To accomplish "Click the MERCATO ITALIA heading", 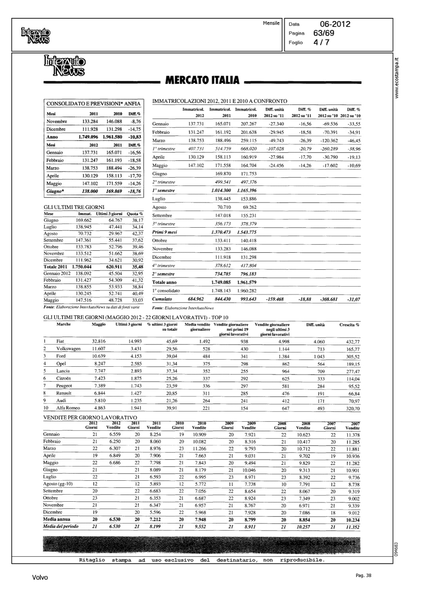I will (202, 80).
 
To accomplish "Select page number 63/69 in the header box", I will (324, 33).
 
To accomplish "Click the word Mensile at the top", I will (271, 23).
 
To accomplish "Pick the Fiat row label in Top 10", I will (60, 341).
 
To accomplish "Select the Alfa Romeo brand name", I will (68, 408).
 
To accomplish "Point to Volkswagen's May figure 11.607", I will (99, 348).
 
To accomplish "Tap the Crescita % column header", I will (349, 325).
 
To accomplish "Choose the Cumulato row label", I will (162, 299).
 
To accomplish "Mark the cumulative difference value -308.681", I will (328, 299).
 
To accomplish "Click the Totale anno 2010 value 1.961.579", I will (247, 282).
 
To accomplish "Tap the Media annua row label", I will (57, 519).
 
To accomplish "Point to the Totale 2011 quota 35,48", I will (137, 267).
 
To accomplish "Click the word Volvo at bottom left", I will (40, 578).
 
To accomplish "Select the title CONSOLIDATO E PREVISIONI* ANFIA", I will (93, 104).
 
